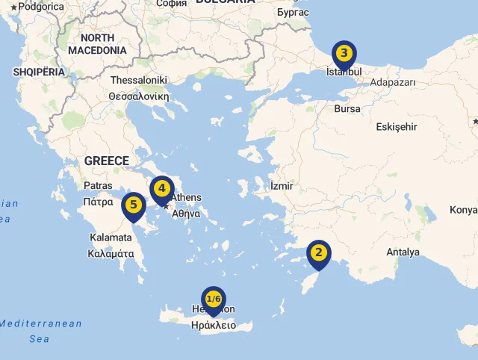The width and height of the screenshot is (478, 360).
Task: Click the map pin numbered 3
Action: [x=344, y=54]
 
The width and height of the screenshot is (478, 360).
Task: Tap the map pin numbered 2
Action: [x=319, y=252]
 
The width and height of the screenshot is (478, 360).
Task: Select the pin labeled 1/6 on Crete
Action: [x=214, y=300]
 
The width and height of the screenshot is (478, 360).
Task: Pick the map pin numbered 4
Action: [x=161, y=189]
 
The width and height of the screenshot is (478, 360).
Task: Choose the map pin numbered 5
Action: [x=133, y=205]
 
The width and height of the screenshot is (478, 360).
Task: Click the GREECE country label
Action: [x=107, y=161]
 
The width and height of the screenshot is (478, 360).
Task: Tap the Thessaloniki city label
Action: [x=139, y=80]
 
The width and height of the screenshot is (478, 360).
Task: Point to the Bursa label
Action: [x=347, y=109]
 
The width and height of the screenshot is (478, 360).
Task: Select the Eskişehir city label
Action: [x=397, y=126]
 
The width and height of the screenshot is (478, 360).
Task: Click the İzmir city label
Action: [x=282, y=185]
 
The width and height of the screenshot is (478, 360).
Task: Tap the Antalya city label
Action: [x=403, y=252]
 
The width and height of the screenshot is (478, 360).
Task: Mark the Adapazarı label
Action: [x=393, y=82]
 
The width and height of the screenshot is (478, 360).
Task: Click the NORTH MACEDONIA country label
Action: [x=98, y=44]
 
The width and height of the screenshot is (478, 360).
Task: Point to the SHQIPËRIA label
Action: [x=39, y=72]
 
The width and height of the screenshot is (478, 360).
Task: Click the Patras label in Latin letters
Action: [x=98, y=185]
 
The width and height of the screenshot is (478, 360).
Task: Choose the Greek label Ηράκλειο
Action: [x=213, y=325]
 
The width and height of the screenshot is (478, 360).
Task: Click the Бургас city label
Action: [x=292, y=12]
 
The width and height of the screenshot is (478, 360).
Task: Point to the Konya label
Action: [x=463, y=210]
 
